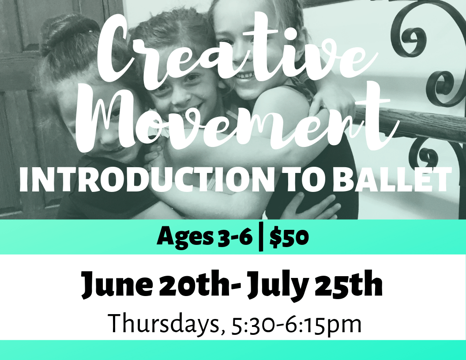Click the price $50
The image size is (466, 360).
coord(289,237)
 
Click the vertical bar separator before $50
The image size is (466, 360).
coord(261,237)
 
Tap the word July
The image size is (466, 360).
coord(276,286)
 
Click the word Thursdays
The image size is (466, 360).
coord(163,324)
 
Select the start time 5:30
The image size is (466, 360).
coord(248,324)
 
